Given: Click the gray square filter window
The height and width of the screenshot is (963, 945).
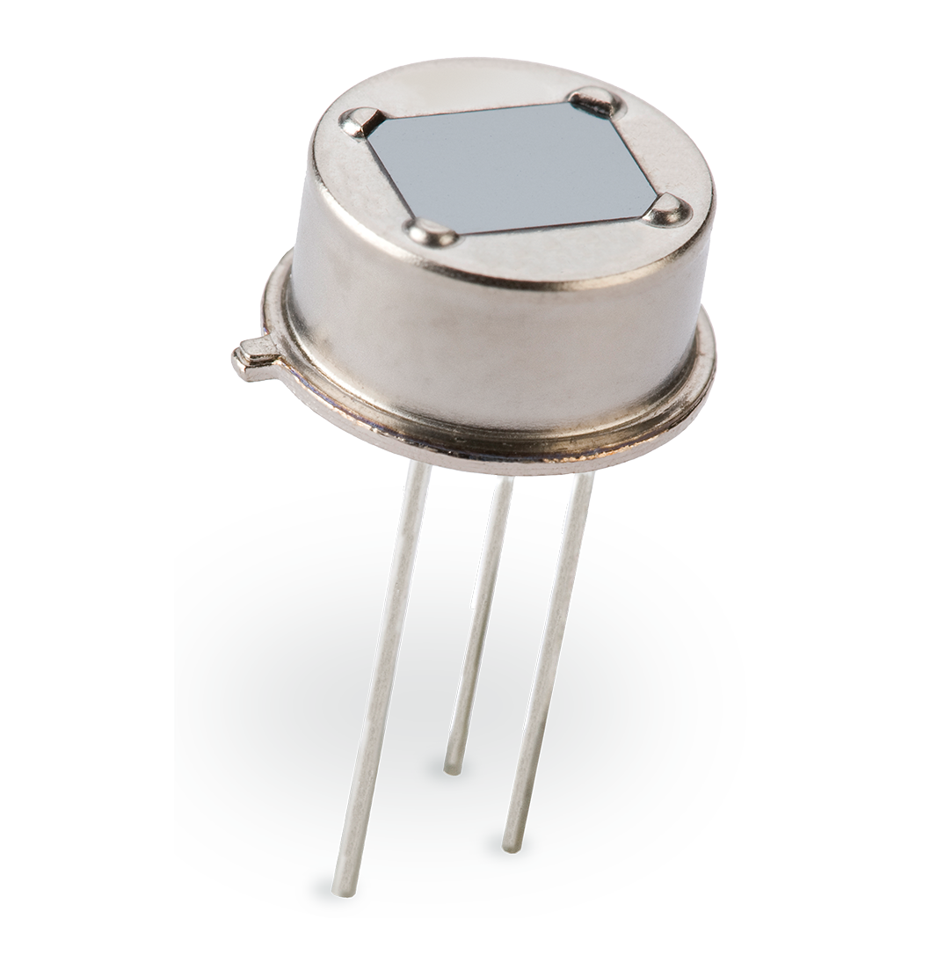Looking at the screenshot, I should point(510,167).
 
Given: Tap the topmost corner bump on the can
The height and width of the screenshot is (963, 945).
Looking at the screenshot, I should point(595,101).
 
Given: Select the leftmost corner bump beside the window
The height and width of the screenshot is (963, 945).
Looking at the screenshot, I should point(361,121).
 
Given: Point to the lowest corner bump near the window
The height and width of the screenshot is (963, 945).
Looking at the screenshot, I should point(431,232).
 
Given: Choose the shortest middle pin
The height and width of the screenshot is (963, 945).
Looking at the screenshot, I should point(479,624).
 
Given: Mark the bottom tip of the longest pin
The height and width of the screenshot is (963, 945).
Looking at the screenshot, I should point(345,890).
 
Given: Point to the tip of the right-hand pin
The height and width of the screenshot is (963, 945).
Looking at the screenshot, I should point(507,847).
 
